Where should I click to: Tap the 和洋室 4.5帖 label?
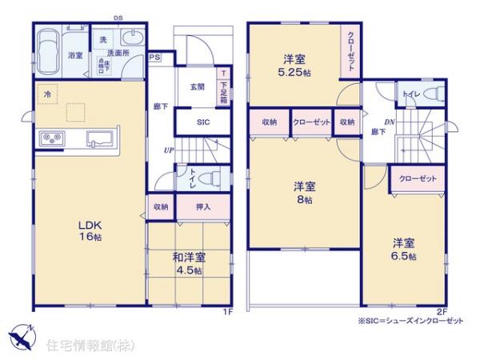tap(190, 263)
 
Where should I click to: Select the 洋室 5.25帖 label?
tap(292, 63)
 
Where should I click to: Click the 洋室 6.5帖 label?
tap(402, 249)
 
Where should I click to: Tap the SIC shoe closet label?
tap(204, 122)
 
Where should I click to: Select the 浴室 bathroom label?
tap(75, 56)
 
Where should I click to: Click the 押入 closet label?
tap(203, 206)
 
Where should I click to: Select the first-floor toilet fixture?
tap(205, 178)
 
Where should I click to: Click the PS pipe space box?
tap(154, 58)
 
